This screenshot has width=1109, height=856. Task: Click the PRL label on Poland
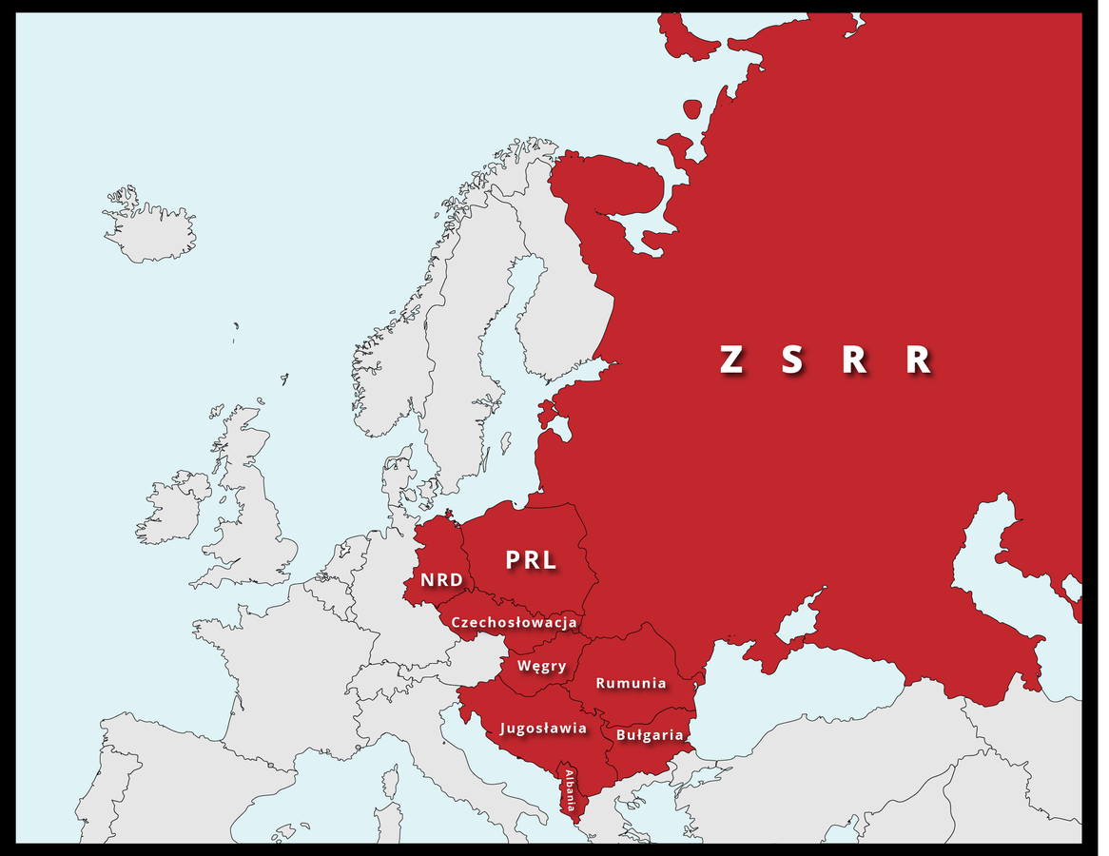coord(531,560)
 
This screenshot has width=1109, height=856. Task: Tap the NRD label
coord(440,580)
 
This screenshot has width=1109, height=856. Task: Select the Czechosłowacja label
coord(515,623)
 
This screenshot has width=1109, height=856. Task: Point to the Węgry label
coord(541,666)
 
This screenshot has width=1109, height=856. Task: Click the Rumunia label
coord(631,683)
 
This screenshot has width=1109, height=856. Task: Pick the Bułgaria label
coord(650,735)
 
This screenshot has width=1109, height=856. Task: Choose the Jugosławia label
coord(543,729)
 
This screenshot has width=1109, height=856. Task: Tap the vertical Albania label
coord(571,788)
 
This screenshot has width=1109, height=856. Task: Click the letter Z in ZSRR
coord(730,360)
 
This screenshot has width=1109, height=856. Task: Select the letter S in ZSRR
coord(792,360)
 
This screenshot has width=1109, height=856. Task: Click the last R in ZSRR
coord(918,360)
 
